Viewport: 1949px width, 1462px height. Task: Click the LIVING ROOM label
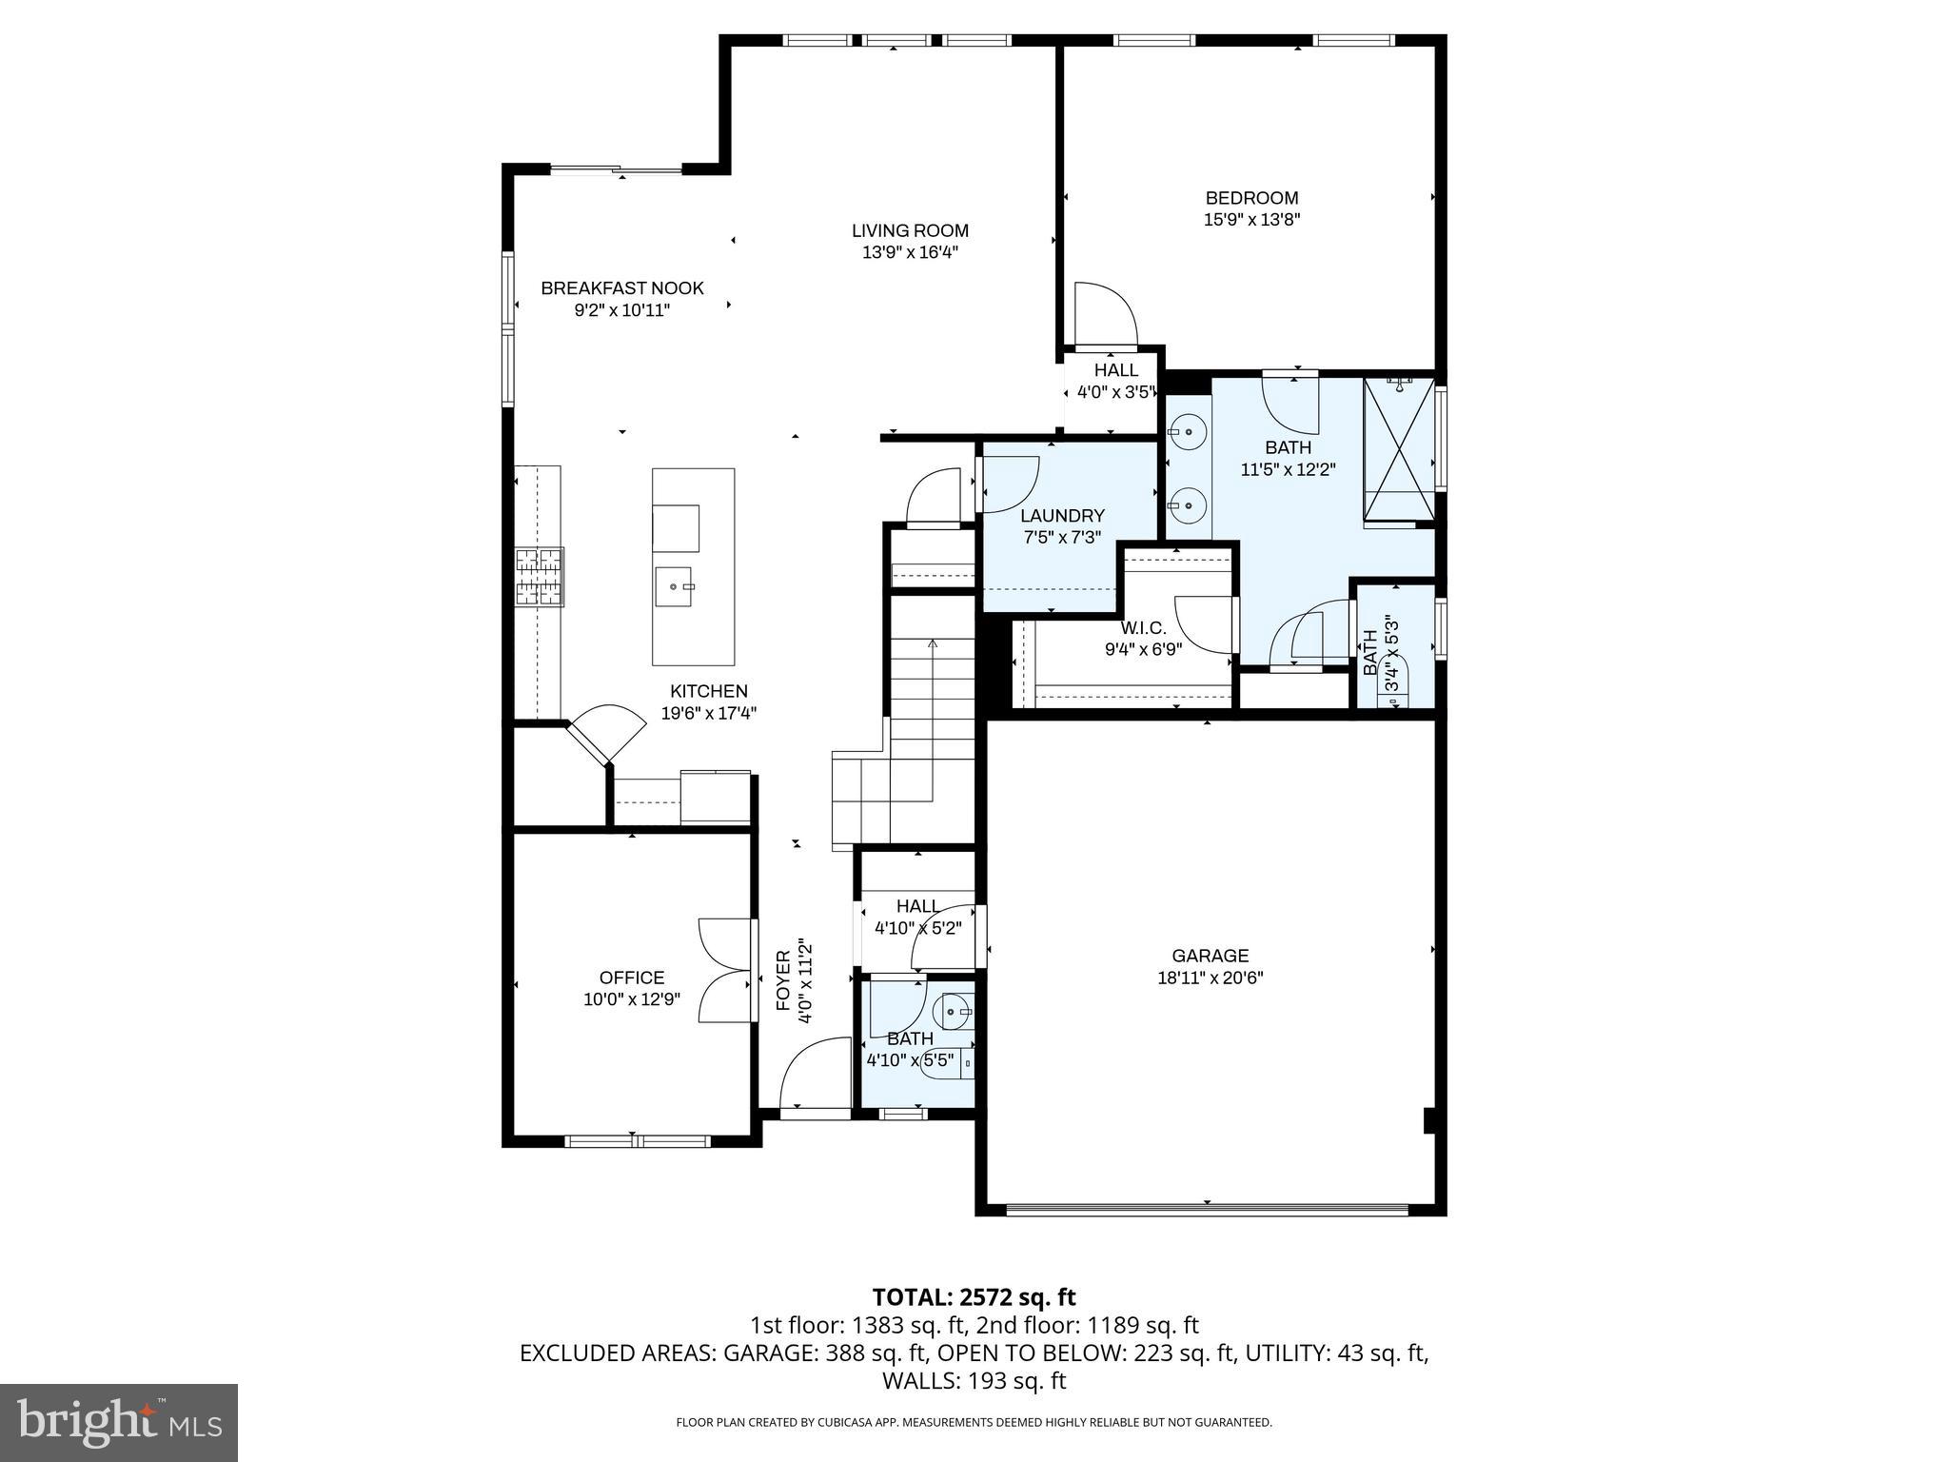pyautogui.click(x=910, y=230)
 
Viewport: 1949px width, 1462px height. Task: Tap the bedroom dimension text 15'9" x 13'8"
pyautogui.click(x=1251, y=220)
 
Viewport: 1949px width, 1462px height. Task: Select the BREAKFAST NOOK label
pyautogui.click(x=622, y=288)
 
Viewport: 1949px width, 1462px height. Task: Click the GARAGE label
pyautogui.click(x=1210, y=956)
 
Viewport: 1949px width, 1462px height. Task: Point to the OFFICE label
pyautogui.click(x=632, y=978)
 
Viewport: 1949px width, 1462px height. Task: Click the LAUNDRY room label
pyautogui.click(x=1062, y=516)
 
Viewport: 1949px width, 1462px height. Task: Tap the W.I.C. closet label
pyautogui.click(x=1143, y=628)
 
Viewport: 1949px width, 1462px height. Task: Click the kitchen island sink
pyautogui.click(x=676, y=586)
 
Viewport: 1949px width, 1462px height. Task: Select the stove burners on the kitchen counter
pyautogui.click(x=540, y=577)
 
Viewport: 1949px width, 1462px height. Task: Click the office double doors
pyautogui.click(x=726, y=971)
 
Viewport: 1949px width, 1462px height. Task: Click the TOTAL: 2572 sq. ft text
pyautogui.click(x=974, y=1297)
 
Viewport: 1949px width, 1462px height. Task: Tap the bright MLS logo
pyautogui.click(x=118, y=1422)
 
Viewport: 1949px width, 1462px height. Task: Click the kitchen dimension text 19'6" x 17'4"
pyautogui.click(x=709, y=713)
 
